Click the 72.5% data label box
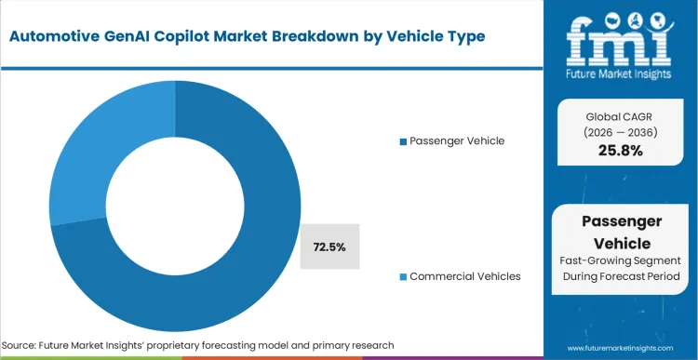(x=329, y=247)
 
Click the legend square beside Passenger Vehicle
(x=402, y=141)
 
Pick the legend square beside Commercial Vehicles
(x=402, y=277)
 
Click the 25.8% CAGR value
(x=622, y=150)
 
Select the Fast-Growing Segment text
(x=622, y=261)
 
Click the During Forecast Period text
(x=622, y=278)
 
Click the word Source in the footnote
(x=26, y=345)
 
